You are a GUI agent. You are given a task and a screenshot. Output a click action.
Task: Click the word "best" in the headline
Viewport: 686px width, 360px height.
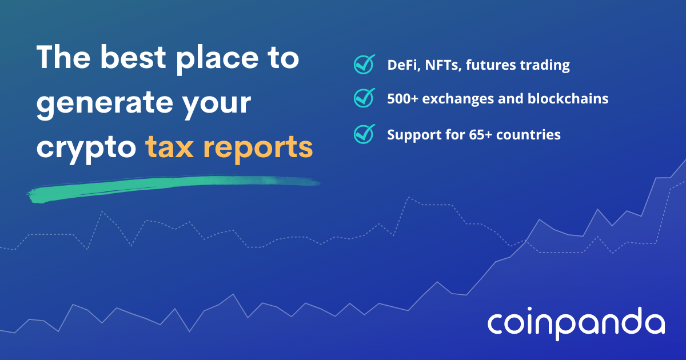[x=133, y=57]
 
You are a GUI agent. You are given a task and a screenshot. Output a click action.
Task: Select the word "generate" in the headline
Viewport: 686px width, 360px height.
[x=105, y=105]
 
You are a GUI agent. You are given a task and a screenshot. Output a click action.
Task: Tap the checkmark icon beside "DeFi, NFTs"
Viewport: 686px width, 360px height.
[x=364, y=64]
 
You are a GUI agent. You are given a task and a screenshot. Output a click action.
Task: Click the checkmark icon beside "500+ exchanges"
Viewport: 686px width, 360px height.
[x=364, y=98]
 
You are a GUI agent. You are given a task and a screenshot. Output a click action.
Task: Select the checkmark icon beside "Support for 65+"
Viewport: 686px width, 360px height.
[x=364, y=134]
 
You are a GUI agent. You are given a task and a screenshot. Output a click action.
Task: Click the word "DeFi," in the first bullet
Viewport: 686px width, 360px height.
[x=404, y=65]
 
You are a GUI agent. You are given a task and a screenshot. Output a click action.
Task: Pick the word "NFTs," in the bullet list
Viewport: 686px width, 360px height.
[x=443, y=65]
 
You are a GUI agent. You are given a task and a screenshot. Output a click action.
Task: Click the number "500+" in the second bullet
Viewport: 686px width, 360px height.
[x=402, y=98]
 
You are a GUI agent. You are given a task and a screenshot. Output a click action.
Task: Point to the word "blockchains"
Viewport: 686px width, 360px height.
[x=568, y=98]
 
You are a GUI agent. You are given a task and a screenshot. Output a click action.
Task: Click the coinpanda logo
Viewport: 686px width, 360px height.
[x=576, y=323]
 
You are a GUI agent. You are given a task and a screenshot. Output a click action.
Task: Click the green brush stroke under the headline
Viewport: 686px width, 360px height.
[x=173, y=187]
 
